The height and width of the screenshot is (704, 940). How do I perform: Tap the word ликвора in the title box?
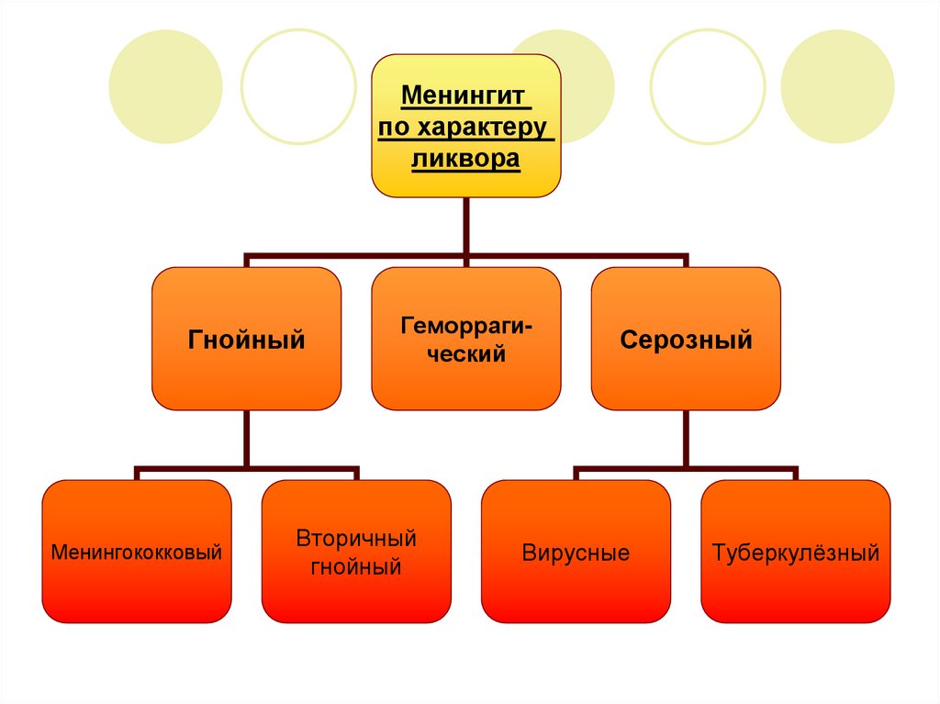click(x=465, y=159)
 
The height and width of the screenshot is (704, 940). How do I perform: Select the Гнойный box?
click(x=246, y=339)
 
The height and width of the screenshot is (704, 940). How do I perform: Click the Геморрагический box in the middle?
click(x=465, y=339)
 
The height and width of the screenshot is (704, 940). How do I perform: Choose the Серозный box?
click(x=686, y=339)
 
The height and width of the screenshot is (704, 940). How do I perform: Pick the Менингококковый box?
click(x=137, y=553)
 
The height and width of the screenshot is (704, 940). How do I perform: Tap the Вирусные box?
click(x=576, y=553)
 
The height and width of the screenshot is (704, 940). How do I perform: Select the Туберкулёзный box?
click(x=796, y=553)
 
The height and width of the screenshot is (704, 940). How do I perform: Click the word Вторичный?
click(x=356, y=538)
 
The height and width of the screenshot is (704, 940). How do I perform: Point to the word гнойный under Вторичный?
click(x=356, y=567)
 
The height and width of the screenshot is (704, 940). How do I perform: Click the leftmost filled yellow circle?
click(x=165, y=86)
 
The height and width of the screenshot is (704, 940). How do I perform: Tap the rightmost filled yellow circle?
click(x=837, y=86)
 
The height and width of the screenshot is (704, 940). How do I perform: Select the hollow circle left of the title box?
click(x=298, y=86)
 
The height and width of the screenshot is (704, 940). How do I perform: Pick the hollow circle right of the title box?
click(x=708, y=86)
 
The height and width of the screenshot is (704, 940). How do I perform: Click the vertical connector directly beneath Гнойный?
click(x=246, y=439)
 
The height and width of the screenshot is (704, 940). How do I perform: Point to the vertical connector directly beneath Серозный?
click(x=686, y=439)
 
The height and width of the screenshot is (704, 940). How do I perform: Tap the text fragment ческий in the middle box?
click(x=465, y=353)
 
